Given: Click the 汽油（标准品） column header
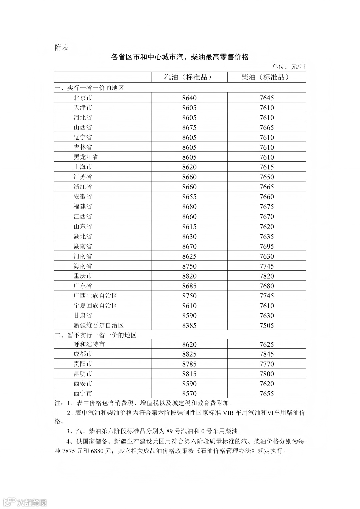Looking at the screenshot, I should [x=189, y=77].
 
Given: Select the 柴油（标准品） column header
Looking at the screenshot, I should [x=266, y=77].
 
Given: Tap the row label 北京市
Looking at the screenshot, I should [x=83, y=98].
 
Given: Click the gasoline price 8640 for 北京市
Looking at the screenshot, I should [x=189, y=98].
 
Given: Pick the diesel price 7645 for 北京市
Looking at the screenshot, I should [x=267, y=98].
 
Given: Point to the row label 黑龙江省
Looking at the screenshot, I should [x=86, y=157].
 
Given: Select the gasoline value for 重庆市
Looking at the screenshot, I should [x=189, y=276].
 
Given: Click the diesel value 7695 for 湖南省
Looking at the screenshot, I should [x=267, y=246].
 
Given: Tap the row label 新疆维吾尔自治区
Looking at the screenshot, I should [x=99, y=325].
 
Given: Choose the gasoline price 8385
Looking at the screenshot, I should [x=189, y=326].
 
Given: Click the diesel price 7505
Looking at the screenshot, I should [x=267, y=326].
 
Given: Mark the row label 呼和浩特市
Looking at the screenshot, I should [x=89, y=344].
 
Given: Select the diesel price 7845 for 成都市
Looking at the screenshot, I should [x=267, y=354].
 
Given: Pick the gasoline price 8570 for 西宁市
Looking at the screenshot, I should [x=189, y=394].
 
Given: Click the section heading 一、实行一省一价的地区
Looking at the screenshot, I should [x=89, y=88].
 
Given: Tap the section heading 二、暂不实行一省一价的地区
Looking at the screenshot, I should [x=95, y=335].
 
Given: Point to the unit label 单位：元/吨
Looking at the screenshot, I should [x=288, y=67].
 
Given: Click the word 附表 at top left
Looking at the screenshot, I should [x=61, y=48].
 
